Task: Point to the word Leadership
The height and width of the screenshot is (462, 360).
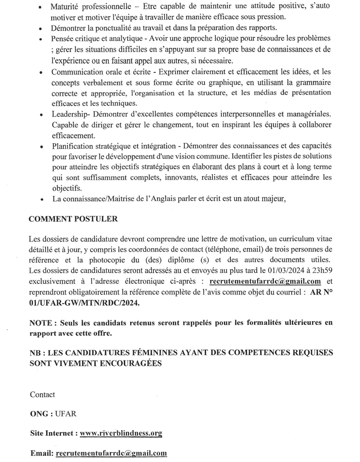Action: [x=70, y=115]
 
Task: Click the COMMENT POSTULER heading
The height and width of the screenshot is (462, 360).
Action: [x=73, y=220]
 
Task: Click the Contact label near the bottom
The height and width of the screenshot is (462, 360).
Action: [x=43, y=394]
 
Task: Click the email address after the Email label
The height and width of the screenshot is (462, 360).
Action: [x=111, y=453]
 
